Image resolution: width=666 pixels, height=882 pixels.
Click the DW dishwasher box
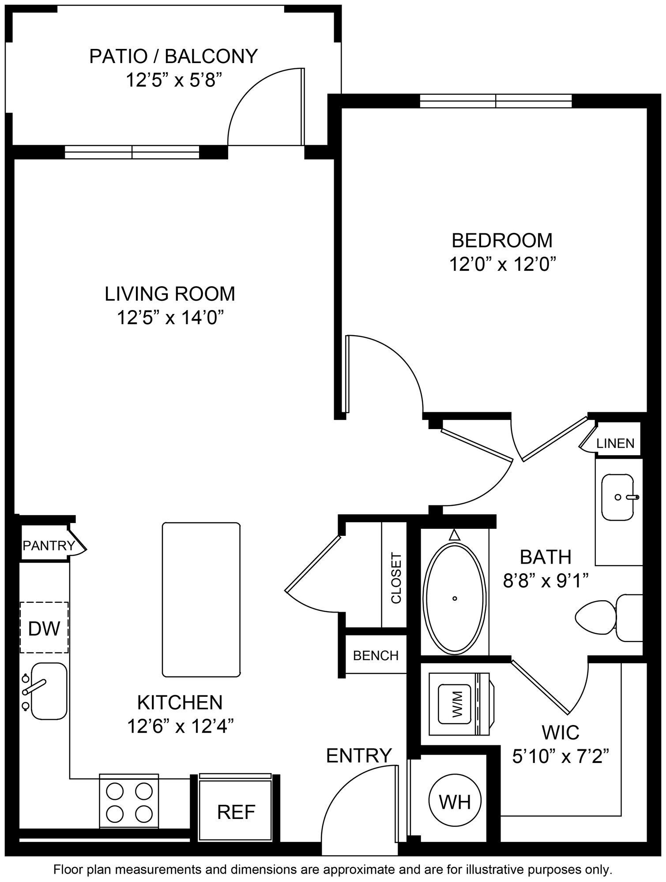(44, 628)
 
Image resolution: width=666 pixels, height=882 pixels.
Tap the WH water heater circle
(455, 801)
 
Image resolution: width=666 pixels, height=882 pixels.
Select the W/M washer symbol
(457, 704)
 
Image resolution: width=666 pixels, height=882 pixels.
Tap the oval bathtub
(455, 598)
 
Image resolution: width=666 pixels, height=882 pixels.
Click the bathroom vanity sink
(618, 497)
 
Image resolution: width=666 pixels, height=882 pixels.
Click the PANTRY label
(49, 546)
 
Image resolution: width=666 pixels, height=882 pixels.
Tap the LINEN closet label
(615, 443)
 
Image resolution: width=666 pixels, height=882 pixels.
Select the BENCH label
(376, 656)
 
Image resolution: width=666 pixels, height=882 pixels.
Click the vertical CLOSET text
(396, 578)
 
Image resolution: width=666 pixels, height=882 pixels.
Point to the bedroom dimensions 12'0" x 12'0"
(502, 265)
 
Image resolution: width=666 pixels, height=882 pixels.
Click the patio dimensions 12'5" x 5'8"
(173, 81)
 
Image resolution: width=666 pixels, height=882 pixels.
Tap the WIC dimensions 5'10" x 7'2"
(561, 758)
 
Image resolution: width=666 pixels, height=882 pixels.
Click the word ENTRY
(359, 755)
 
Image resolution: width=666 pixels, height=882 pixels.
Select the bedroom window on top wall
(496, 101)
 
